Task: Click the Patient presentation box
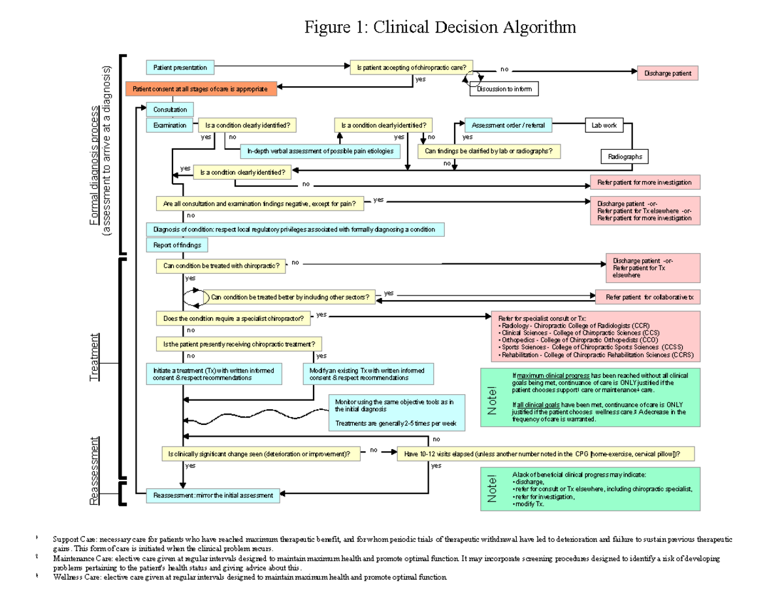tap(180, 67)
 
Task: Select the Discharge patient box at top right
tap(667, 73)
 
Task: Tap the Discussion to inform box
tap(504, 90)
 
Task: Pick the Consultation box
tap(170, 109)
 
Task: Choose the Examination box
tap(170, 125)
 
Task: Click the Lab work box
tap(604, 125)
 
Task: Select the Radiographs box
tap(625, 157)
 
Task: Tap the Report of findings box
tap(178, 245)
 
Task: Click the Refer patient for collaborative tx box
tap(647, 297)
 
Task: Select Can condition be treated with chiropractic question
tap(221, 266)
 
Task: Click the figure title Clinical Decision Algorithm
tap(440, 27)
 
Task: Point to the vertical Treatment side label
tap(95, 357)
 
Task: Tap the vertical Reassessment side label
tap(95, 471)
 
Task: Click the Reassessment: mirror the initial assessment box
tap(213, 496)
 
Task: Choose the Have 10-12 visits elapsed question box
tap(546, 454)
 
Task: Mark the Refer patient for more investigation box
tap(644, 182)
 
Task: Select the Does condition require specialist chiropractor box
tap(233, 318)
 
